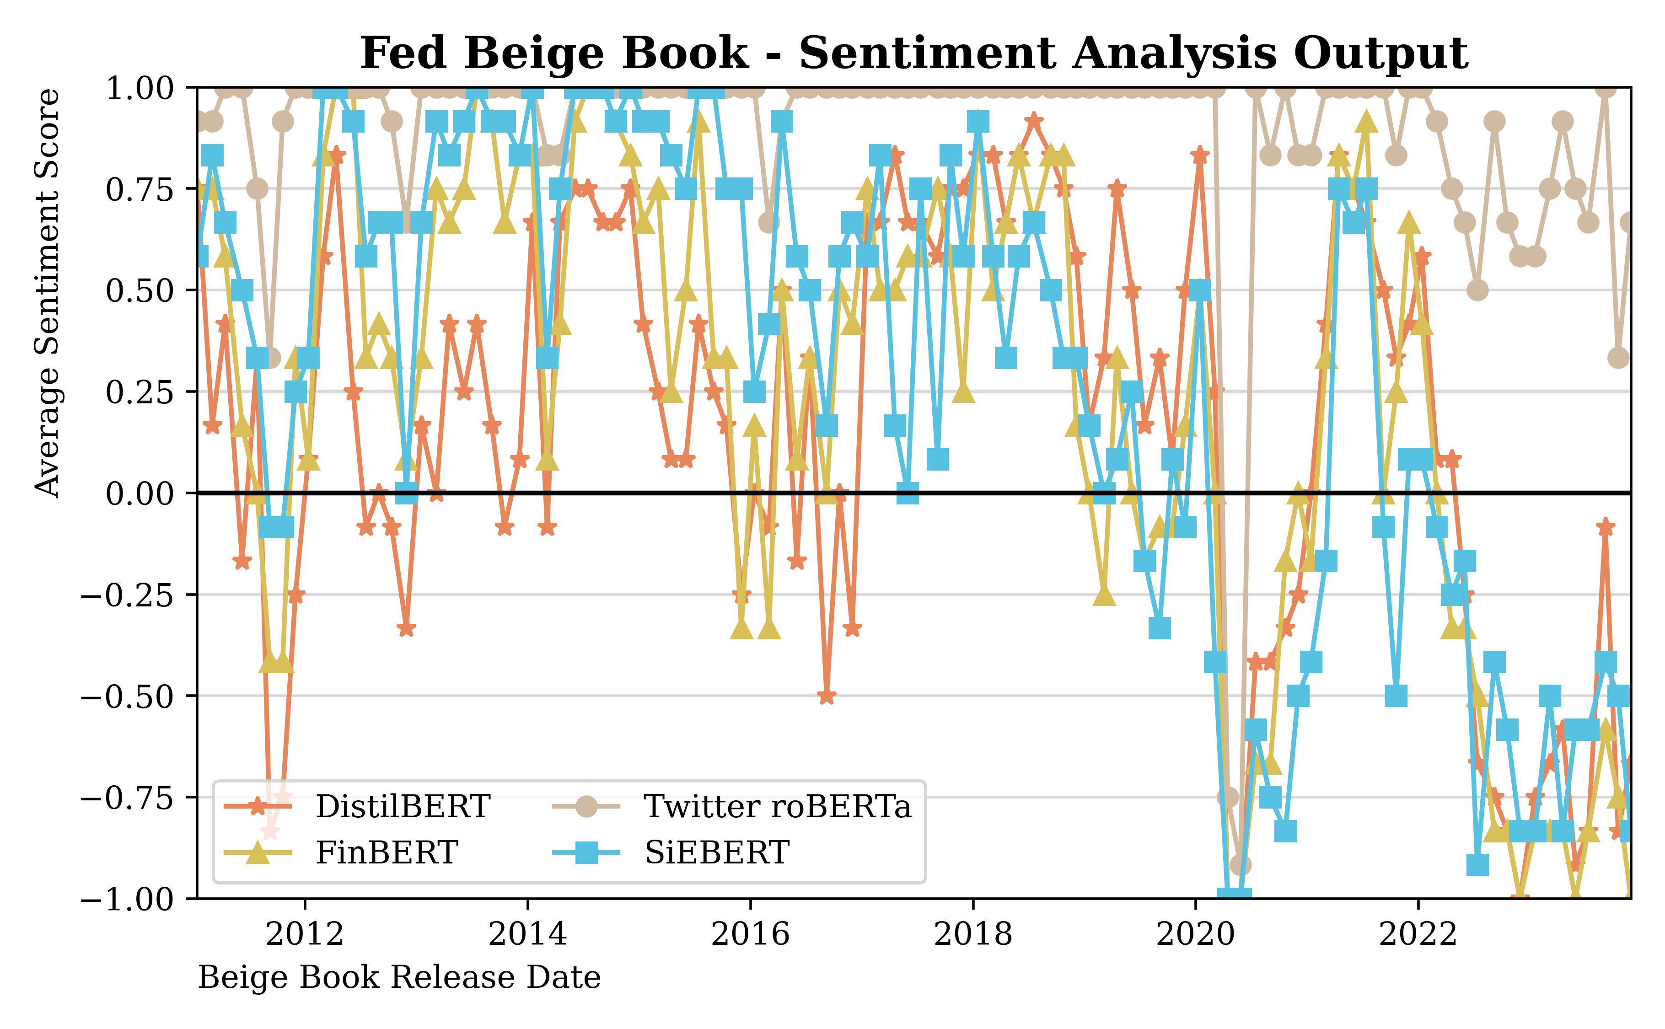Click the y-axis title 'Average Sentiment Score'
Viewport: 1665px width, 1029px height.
(x=48, y=293)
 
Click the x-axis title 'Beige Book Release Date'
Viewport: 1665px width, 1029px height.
(x=399, y=977)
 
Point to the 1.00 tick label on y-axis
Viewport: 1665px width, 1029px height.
(x=140, y=88)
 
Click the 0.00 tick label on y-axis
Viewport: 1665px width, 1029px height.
(x=140, y=493)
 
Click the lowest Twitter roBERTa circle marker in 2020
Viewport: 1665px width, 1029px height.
(x=1240, y=865)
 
